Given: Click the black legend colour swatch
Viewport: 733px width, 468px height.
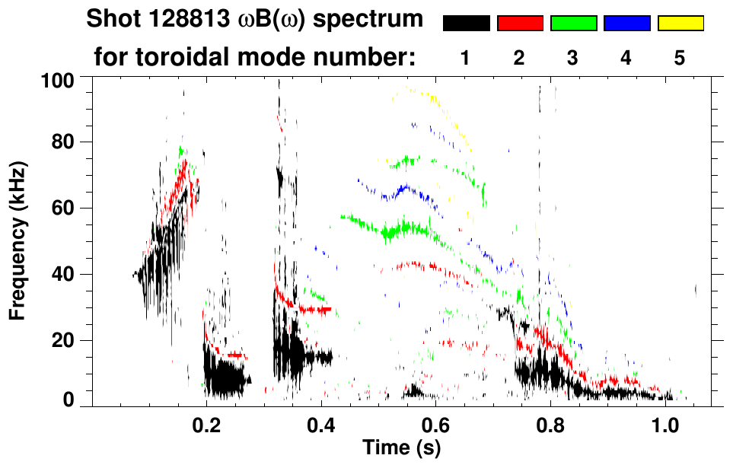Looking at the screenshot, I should (x=466, y=24).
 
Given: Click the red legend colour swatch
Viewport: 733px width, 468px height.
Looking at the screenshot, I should (x=520, y=24).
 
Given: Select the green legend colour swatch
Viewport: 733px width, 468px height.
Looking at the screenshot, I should (x=573, y=24).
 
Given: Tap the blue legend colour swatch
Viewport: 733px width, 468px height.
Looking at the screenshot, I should (x=626, y=24).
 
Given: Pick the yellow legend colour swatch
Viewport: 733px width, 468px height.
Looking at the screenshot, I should (x=680, y=24).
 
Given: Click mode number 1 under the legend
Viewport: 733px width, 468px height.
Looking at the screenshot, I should (x=466, y=57).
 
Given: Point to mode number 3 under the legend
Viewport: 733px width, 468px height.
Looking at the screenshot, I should (x=573, y=57).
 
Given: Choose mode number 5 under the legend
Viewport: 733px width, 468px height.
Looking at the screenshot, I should (x=680, y=57).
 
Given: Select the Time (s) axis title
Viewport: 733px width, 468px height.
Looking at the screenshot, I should (x=400, y=448).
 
